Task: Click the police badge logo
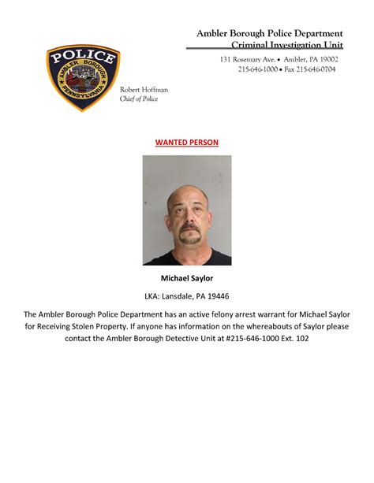(x=83, y=78)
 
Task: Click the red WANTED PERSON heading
(x=186, y=143)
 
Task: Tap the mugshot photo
(x=187, y=210)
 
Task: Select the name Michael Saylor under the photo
(x=187, y=278)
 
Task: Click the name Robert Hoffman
(x=144, y=91)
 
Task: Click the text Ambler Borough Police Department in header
(x=269, y=33)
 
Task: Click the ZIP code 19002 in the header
(x=324, y=60)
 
